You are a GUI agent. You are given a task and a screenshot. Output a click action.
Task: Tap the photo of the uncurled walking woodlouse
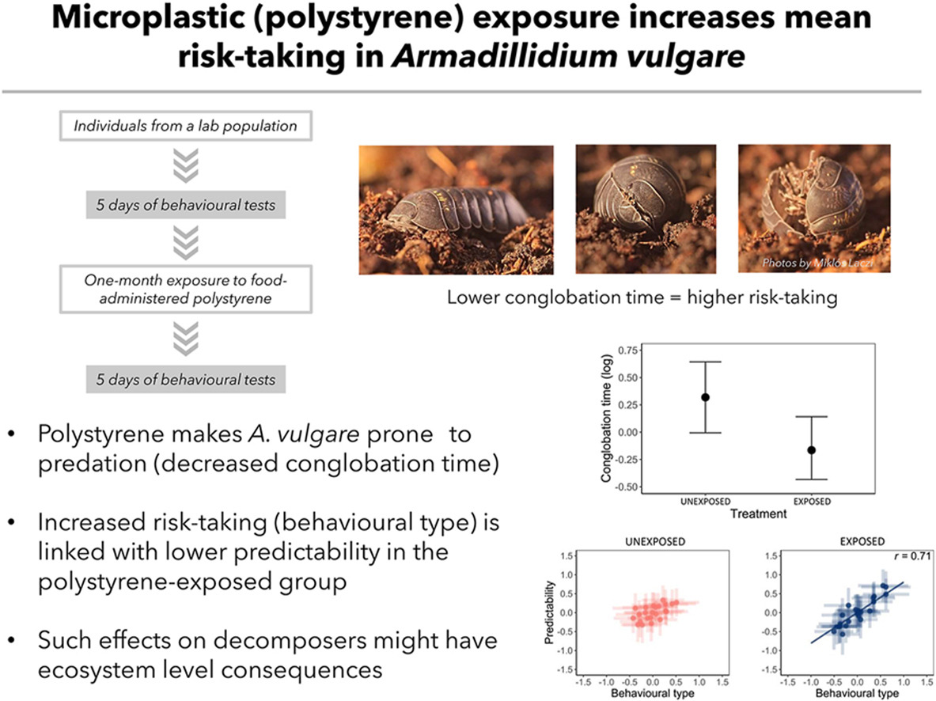[x=457, y=209]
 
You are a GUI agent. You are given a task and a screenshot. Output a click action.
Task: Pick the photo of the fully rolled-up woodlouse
[x=642, y=209]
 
